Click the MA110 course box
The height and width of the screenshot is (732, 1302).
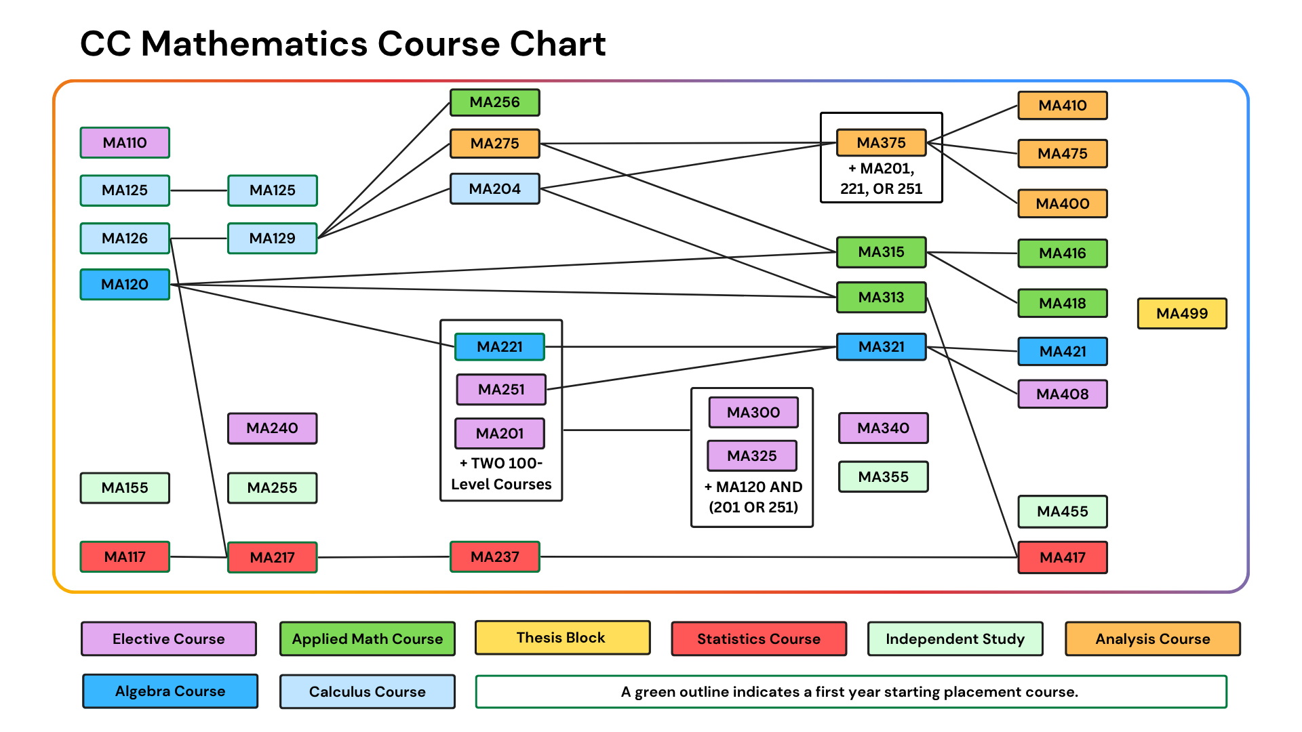point(125,142)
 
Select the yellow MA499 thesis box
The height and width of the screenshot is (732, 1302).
point(1182,313)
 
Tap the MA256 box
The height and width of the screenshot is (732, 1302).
point(494,102)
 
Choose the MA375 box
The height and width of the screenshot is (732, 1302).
point(881,142)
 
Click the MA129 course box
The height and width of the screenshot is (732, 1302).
point(272,238)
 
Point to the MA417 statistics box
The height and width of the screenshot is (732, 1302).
point(1062,557)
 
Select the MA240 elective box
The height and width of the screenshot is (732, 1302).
point(272,428)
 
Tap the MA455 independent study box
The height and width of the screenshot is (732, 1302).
point(1062,511)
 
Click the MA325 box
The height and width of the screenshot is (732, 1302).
point(751,455)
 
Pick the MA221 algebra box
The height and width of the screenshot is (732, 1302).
point(499,346)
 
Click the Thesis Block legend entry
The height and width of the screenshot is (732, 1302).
point(562,638)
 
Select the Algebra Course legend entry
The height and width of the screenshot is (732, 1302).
point(170,691)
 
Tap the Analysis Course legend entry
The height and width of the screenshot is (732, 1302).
point(1152,638)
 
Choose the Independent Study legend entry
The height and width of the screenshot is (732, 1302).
point(955,638)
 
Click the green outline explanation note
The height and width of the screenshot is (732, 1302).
point(850,691)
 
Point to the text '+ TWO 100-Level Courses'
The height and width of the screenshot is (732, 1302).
point(501,474)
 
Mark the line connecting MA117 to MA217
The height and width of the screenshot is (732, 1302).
point(198,556)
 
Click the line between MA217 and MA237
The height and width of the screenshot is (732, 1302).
point(383,556)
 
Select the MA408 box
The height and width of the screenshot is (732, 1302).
point(1062,394)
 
